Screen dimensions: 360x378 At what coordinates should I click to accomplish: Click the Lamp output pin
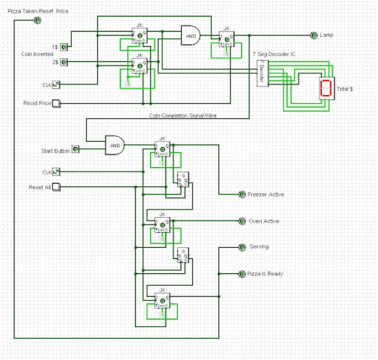(314, 35)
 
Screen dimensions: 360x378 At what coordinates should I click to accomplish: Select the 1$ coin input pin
(64, 47)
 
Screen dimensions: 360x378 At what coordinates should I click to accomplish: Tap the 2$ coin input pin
(64, 62)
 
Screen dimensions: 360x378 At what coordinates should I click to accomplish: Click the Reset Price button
(56, 104)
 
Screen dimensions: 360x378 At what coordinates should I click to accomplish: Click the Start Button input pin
(76, 150)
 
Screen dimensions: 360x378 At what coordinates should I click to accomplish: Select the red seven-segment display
(326, 88)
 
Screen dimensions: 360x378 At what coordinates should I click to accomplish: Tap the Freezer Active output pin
(242, 194)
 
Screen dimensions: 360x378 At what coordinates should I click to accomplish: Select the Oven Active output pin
(242, 221)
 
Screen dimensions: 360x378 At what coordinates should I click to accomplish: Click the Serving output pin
(242, 247)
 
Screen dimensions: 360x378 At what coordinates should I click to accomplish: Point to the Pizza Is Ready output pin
(242, 274)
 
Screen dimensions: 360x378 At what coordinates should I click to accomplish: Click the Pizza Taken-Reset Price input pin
(37, 21)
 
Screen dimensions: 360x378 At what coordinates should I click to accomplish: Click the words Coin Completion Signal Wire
(182, 116)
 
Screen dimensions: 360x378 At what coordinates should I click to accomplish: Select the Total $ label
(345, 89)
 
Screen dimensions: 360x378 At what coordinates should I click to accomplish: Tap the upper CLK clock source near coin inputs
(56, 85)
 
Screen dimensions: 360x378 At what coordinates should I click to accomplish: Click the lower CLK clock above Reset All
(56, 172)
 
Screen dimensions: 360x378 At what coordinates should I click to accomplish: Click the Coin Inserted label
(37, 54)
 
